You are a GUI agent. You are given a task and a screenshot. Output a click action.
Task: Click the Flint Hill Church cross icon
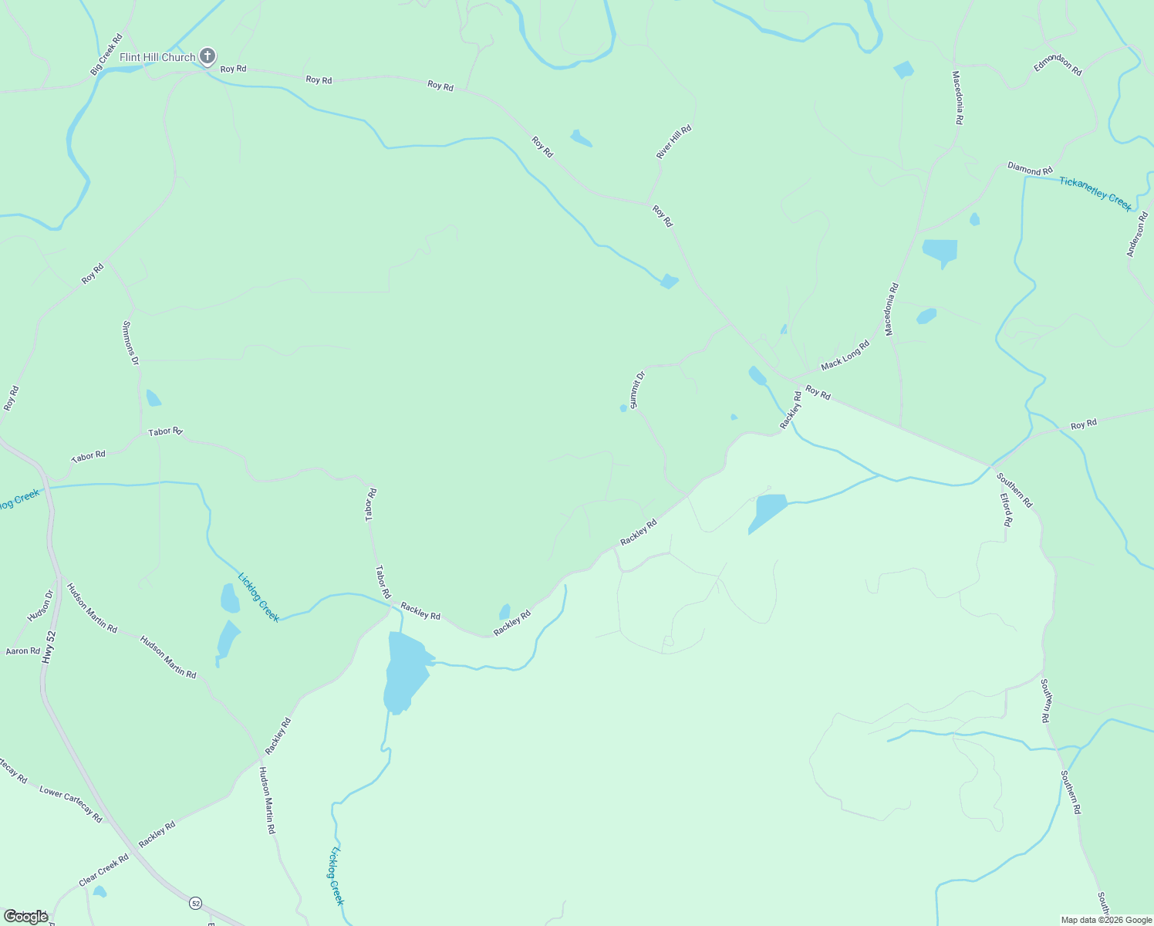pyautogui.click(x=207, y=56)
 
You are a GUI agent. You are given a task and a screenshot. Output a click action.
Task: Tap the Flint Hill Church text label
pyautogui.click(x=157, y=57)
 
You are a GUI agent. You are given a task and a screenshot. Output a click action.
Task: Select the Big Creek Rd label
pyautogui.click(x=106, y=54)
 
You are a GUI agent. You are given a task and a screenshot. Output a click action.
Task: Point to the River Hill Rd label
pyautogui.click(x=673, y=142)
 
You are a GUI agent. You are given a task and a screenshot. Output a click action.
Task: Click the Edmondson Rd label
pyautogui.click(x=1058, y=66)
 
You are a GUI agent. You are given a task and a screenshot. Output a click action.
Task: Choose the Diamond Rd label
pyautogui.click(x=1030, y=168)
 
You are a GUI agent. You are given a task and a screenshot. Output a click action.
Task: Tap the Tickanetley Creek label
pyautogui.click(x=1095, y=193)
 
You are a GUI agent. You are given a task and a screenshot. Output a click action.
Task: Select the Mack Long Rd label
pyautogui.click(x=845, y=354)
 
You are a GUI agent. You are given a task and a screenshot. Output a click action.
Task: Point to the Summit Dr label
pyautogui.click(x=637, y=390)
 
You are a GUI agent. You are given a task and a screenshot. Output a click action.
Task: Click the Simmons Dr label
pyautogui.click(x=130, y=343)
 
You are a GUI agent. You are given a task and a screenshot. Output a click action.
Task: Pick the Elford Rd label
pyautogui.click(x=1007, y=510)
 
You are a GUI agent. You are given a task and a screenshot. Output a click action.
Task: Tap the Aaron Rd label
pyautogui.click(x=22, y=651)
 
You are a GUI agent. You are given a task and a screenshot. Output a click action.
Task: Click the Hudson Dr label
pyautogui.click(x=41, y=606)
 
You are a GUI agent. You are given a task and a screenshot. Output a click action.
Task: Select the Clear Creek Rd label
pyautogui.click(x=103, y=870)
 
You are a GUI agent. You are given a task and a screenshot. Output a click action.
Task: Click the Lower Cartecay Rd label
pyautogui.click(x=70, y=804)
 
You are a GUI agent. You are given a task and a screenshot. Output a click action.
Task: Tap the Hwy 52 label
pyautogui.click(x=50, y=647)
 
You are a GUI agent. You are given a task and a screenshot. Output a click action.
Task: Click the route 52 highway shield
pyautogui.click(x=195, y=903)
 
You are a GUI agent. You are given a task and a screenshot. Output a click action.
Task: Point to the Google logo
pyautogui.click(x=26, y=917)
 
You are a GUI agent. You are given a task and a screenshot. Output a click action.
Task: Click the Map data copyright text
pyautogui.click(x=1106, y=920)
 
